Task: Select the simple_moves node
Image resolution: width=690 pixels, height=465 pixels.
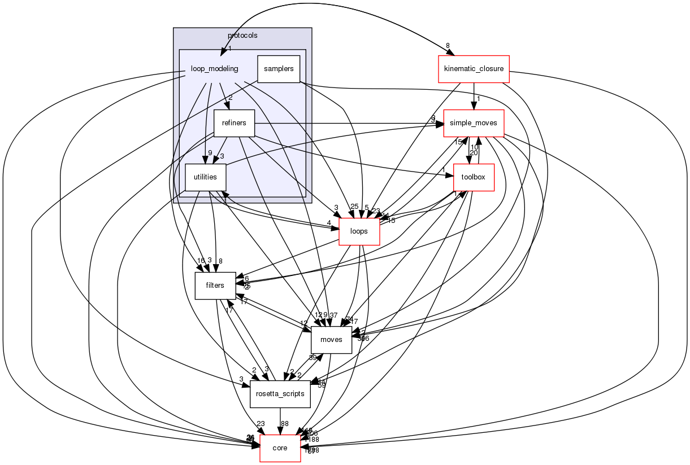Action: click(x=474, y=123)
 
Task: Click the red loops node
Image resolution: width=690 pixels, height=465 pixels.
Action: click(x=359, y=231)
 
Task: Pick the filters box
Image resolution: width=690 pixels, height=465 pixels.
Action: click(x=215, y=286)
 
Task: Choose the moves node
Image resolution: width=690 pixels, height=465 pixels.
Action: click(x=331, y=340)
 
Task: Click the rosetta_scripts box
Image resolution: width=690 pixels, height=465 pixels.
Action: click(x=280, y=394)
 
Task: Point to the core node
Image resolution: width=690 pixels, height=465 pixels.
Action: click(x=280, y=448)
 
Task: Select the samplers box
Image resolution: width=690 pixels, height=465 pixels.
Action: click(x=279, y=69)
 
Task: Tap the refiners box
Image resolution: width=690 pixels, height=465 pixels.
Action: click(x=234, y=123)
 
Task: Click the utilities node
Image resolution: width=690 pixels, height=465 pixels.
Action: click(x=206, y=177)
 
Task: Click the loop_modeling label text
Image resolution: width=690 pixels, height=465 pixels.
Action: click(x=215, y=69)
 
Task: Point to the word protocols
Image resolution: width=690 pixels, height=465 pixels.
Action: click(x=242, y=36)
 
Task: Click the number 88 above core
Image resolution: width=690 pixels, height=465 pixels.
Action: click(x=285, y=424)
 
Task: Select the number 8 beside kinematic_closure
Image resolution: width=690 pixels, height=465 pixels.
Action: click(x=447, y=46)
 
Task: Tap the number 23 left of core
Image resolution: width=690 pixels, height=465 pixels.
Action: click(x=261, y=423)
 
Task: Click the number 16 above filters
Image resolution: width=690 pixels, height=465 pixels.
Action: click(x=200, y=261)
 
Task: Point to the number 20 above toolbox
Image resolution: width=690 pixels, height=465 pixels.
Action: click(x=474, y=152)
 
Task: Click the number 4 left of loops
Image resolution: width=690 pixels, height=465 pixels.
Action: click(x=329, y=223)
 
